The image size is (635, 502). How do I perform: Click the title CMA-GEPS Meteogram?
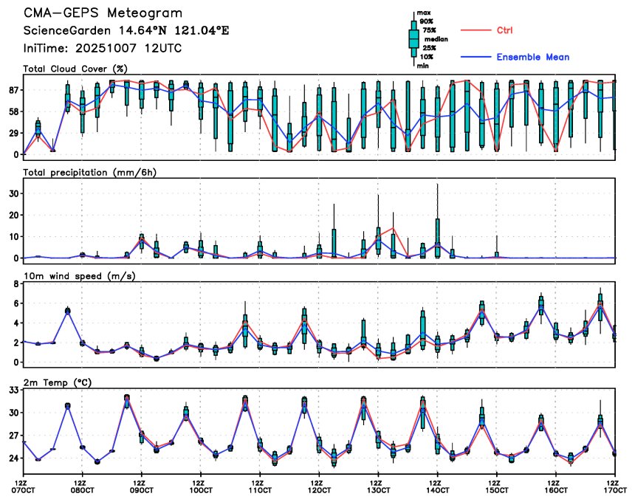coord(103,13)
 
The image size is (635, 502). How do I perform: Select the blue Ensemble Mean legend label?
coord(532,57)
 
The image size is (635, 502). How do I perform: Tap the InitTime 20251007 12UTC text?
coord(103,48)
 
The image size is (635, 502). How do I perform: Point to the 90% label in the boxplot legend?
coord(426,21)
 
